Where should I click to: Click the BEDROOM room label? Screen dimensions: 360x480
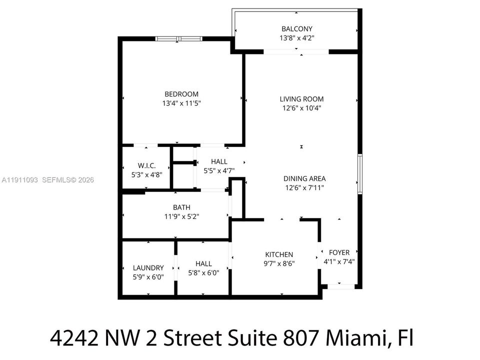point(181,94)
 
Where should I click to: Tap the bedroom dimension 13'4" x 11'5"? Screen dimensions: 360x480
point(181,103)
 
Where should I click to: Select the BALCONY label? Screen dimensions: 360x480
point(296,29)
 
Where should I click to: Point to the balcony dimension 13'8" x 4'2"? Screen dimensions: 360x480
point(296,37)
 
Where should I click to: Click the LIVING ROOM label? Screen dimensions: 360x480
point(301,99)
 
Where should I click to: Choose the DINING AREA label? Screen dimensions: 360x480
point(304,178)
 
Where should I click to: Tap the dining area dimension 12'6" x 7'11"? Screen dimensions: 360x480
point(304,187)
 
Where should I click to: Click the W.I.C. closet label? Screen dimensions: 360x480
point(147,165)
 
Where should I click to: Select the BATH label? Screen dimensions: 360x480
point(181,207)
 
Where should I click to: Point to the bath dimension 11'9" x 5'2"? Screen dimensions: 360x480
point(181,216)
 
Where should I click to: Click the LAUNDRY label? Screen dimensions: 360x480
point(148,268)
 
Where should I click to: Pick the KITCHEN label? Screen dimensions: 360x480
point(279,254)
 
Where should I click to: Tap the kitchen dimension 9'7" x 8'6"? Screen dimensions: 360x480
point(279,263)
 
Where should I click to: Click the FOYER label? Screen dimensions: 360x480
point(339,252)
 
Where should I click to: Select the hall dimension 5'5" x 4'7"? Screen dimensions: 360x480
point(219,170)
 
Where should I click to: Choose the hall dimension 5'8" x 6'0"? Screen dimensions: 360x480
point(203,272)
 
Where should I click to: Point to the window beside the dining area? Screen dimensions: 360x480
point(359,174)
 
